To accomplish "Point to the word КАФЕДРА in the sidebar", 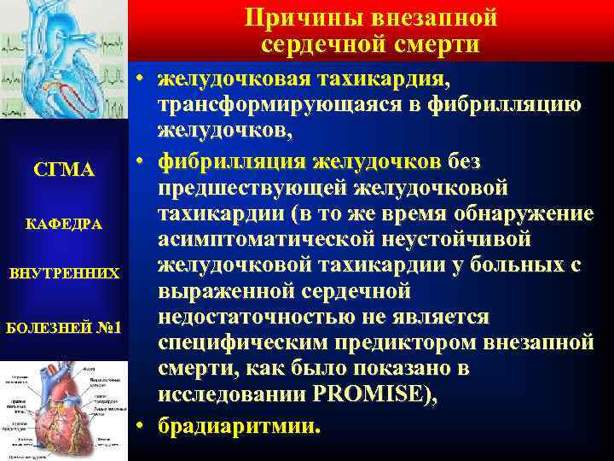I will pos(65,224).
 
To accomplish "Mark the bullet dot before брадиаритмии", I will pos(141,423).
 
